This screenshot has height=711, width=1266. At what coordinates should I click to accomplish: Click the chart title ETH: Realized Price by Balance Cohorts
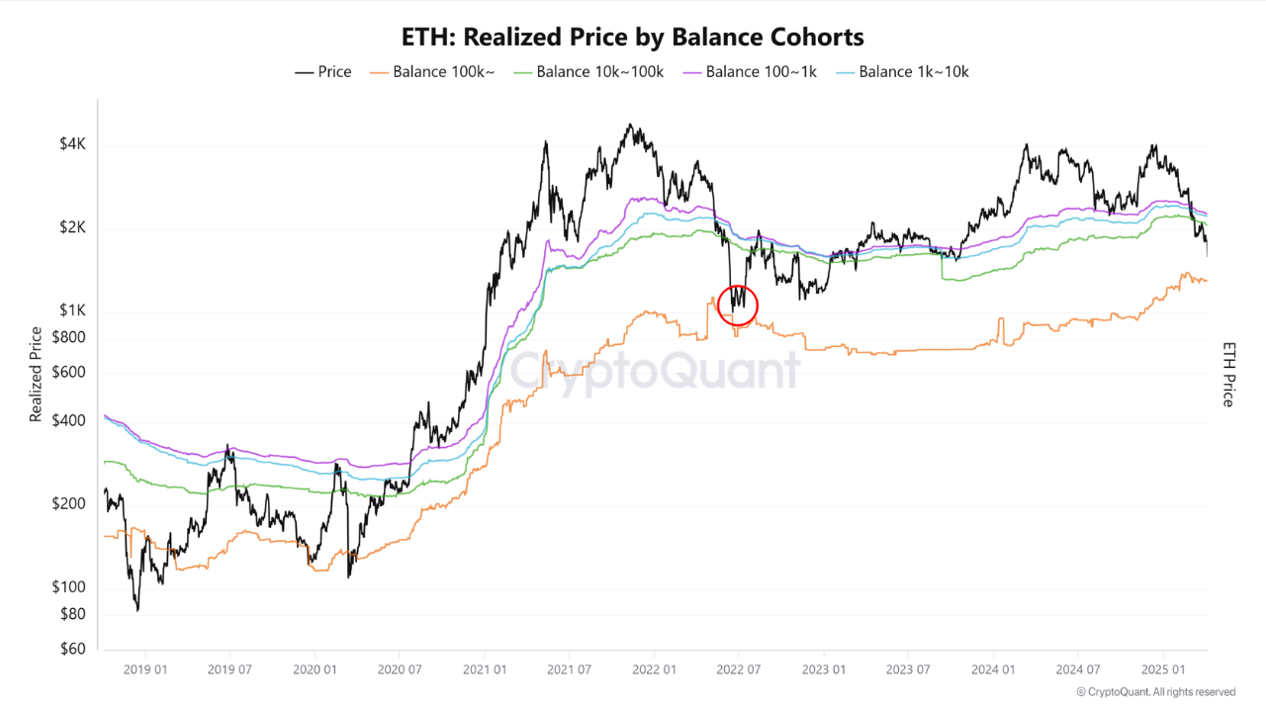(x=632, y=38)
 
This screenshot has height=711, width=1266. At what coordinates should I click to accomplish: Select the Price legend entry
(x=323, y=72)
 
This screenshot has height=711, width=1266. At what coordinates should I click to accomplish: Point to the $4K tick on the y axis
(x=73, y=144)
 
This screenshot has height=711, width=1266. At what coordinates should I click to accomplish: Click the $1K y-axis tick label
(x=73, y=311)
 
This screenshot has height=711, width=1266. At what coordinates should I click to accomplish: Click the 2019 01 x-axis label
(x=145, y=668)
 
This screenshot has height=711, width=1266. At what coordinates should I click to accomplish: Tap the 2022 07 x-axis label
(x=739, y=668)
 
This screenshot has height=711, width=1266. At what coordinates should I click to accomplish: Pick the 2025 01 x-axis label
(x=1163, y=668)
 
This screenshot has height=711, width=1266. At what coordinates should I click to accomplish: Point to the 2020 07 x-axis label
(x=400, y=668)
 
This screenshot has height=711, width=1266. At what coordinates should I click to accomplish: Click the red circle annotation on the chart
(x=738, y=305)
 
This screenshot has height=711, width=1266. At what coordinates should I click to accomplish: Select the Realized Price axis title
(x=37, y=375)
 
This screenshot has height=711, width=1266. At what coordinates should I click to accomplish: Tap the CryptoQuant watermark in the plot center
(x=654, y=372)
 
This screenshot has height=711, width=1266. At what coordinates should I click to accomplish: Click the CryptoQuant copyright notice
(x=1155, y=692)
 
